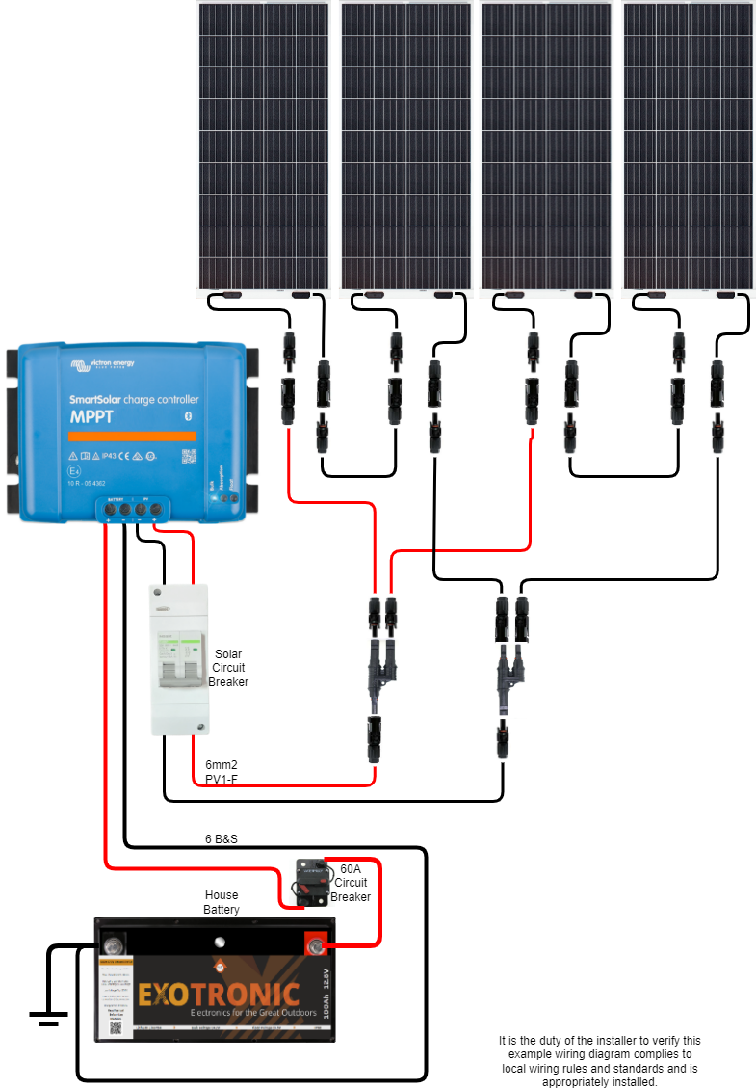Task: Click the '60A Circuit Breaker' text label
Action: click(351, 882)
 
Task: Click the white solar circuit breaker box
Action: click(180, 659)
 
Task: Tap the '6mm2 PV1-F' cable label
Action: click(222, 771)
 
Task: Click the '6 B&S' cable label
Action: click(221, 838)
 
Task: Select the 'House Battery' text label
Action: click(222, 902)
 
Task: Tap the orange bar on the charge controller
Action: click(131, 436)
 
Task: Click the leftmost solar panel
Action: click(264, 145)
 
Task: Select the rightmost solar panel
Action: click(689, 145)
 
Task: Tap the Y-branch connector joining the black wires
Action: click(508, 665)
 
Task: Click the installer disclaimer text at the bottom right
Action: click(599, 1061)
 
